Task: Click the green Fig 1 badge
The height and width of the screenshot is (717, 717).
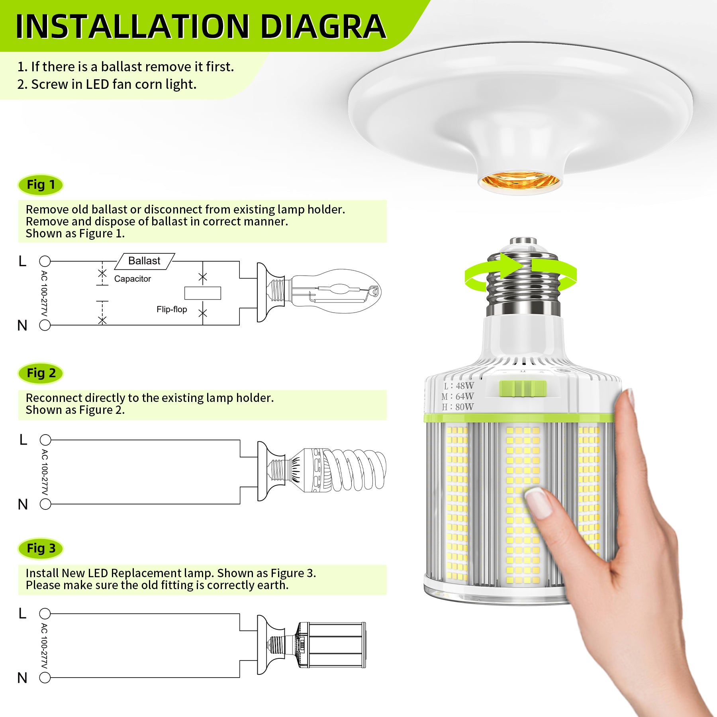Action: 41,185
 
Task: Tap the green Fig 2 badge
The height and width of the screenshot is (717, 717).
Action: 41,373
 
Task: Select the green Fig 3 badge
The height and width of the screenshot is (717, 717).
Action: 41,549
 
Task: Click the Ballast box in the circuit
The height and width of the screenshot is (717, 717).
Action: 145,261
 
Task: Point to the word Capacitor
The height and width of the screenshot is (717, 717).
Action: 133,279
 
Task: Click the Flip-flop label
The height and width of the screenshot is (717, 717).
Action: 172,309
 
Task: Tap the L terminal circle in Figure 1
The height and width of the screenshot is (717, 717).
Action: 45,261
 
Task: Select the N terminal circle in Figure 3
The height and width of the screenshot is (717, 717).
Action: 45,677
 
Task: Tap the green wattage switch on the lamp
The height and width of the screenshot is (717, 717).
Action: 523,388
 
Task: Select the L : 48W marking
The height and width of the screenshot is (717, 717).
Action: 459,386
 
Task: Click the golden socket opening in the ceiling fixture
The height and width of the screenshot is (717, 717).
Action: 519,181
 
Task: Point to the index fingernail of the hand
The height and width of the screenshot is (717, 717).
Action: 538,503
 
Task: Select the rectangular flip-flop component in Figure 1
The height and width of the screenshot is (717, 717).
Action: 203,293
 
